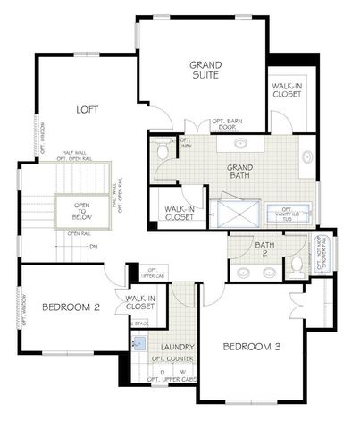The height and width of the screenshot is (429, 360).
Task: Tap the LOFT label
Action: coord(87,109)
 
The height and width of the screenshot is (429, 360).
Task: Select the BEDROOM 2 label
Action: coord(70,307)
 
